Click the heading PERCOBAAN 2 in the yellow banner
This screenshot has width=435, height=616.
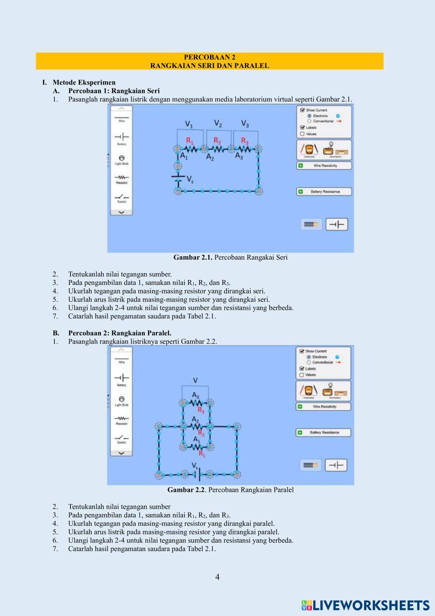tap(210, 57)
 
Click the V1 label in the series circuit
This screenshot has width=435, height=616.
tap(189, 124)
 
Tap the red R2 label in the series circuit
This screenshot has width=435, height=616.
tap(217, 140)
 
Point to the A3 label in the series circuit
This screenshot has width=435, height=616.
tap(239, 156)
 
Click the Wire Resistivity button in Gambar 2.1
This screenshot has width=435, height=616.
tap(324, 166)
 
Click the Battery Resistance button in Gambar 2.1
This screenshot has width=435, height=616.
tap(324, 191)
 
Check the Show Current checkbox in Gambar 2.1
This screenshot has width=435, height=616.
tap(302, 110)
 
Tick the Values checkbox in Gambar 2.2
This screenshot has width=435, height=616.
tap(301, 375)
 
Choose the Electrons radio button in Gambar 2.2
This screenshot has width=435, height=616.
tap(308, 357)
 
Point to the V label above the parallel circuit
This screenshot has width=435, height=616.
tap(195, 380)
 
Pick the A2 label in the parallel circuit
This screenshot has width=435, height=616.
tap(195, 419)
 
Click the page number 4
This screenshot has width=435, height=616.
tap(217, 577)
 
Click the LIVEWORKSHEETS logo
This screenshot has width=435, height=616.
tap(365, 605)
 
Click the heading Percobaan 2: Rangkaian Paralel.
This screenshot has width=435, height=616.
tap(120, 333)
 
